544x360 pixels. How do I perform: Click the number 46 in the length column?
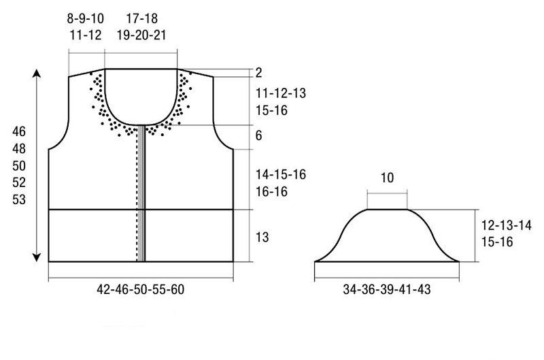[19, 131]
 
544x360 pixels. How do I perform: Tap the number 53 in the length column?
[19, 199]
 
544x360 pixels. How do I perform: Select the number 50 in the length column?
[19, 165]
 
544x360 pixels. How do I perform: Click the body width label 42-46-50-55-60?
[141, 289]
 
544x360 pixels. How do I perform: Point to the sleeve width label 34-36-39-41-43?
[387, 289]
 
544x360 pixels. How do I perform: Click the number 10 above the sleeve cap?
[387, 178]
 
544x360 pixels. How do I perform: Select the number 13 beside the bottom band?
[262, 237]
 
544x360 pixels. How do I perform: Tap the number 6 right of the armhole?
[259, 135]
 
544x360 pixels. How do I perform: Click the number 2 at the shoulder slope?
[259, 73]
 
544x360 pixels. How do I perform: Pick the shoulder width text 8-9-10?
[86, 18]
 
